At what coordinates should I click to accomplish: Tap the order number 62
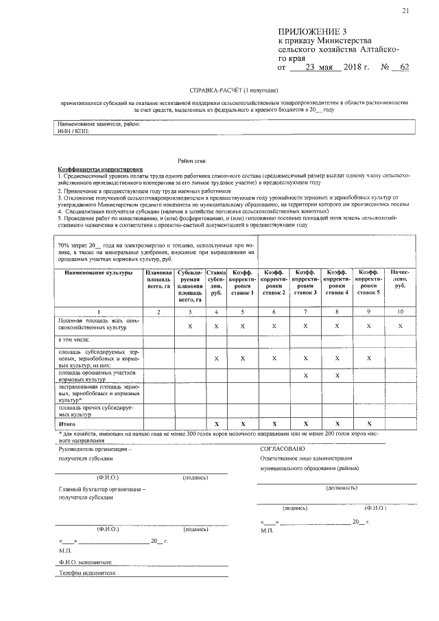[x=403, y=67]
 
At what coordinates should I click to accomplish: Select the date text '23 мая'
[x=318, y=67]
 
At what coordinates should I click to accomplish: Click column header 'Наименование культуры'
[x=98, y=272]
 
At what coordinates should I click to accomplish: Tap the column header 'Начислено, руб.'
[x=399, y=279]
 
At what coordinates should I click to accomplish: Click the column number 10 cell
[x=399, y=312]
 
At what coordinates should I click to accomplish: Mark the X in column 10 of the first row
[x=399, y=325]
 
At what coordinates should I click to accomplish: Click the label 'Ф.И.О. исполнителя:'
[x=86, y=561]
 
